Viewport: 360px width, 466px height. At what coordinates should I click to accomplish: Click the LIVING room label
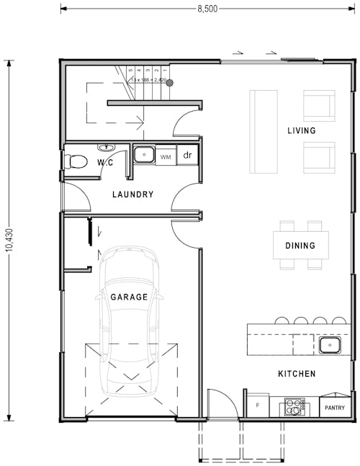[301, 130]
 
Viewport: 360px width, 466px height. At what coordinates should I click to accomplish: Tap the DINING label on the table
[300, 246]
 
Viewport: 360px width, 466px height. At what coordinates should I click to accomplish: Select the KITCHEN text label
[297, 374]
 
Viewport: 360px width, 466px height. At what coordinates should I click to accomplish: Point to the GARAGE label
[129, 297]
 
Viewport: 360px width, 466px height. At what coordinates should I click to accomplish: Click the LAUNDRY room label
[132, 194]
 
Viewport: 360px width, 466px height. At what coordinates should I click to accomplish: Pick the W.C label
[105, 163]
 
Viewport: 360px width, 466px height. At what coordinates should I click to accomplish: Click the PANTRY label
[334, 408]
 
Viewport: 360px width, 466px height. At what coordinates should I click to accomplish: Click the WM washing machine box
[166, 156]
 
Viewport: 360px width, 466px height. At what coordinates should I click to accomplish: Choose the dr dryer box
[187, 155]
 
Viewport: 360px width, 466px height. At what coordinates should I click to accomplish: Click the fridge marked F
[258, 406]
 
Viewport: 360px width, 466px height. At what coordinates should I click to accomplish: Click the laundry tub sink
[144, 154]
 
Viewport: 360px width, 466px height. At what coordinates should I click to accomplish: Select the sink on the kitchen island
[330, 346]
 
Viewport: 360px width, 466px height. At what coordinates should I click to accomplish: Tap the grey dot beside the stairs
[170, 83]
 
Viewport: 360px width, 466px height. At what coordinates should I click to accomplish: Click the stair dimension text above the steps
[148, 79]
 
